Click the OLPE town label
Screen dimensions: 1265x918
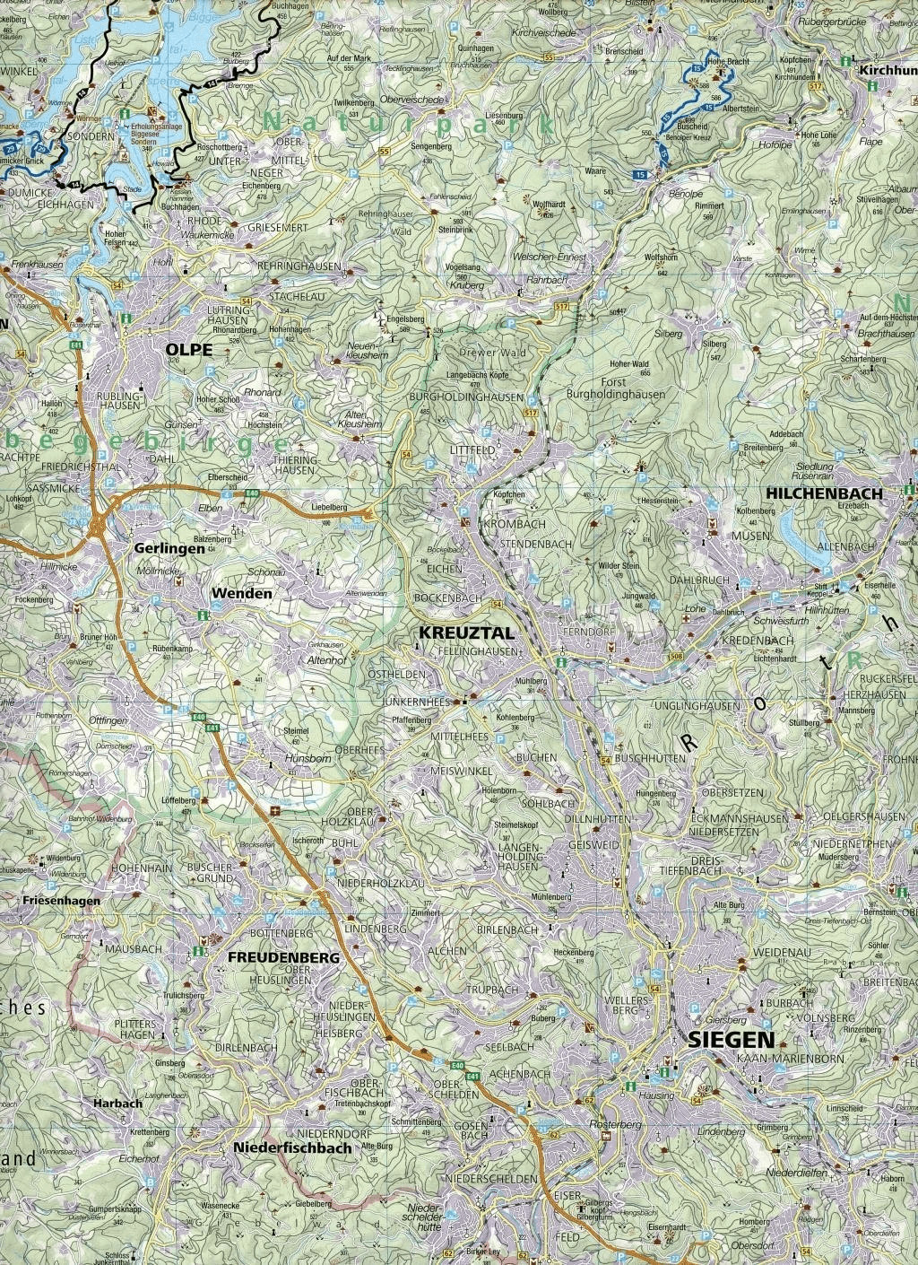pos(188,350)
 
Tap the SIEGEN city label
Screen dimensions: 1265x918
pos(731,1039)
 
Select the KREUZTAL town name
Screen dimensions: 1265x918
pos(456,632)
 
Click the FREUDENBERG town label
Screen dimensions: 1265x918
pos(284,957)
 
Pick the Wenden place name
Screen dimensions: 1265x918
pos(241,593)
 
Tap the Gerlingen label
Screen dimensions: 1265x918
pos(165,547)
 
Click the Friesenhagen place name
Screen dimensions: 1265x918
pos(50,900)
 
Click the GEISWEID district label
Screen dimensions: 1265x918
pos(593,844)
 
